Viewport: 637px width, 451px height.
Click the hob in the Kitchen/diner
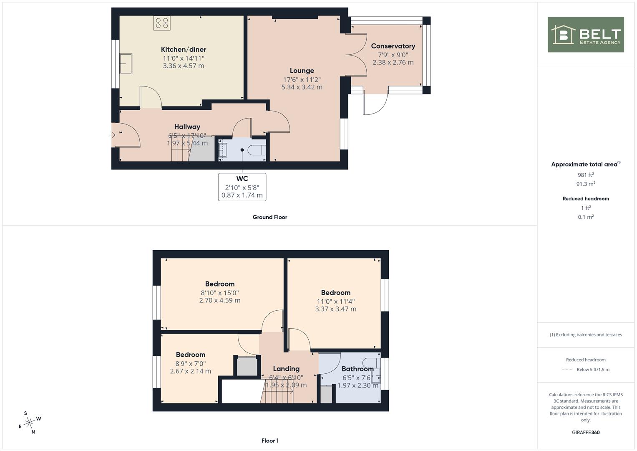[162, 23]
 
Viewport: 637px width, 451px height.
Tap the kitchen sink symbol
[126, 63]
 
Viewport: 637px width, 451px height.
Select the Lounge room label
[302, 71]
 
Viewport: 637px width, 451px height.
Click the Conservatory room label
[393, 46]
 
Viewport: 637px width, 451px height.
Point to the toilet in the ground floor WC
[257, 150]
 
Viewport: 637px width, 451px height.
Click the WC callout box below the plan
[242, 187]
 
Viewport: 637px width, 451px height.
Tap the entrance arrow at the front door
[112, 135]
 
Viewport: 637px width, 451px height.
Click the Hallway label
[187, 127]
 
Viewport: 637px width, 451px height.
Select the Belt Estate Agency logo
[586, 34]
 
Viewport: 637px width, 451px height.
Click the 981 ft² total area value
[586, 175]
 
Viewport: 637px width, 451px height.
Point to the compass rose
[30, 423]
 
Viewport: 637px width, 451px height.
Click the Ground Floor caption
[270, 217]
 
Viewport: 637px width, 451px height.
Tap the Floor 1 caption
[270, 441]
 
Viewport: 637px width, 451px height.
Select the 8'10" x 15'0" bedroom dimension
[220, 293]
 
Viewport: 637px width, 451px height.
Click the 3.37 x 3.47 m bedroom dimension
[335, 309]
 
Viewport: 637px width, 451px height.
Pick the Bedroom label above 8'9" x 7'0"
[191, 355]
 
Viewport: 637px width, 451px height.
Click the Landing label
[286, 369]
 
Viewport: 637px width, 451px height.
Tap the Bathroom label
[358, 369]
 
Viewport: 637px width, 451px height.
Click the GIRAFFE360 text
[586, 433]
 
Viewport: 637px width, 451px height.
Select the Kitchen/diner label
[184, 50]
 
